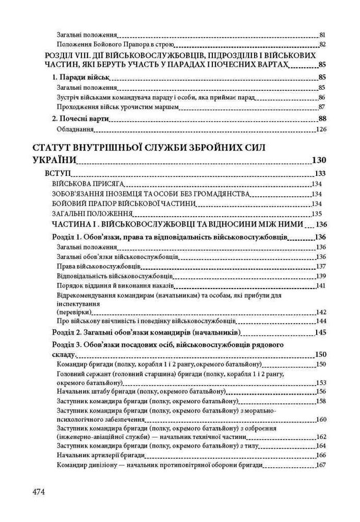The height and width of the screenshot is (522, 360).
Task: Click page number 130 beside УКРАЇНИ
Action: [x=319, y=160]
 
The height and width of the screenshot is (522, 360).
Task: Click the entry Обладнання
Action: [x=75, y=128]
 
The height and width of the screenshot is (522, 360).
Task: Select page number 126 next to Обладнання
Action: [x=321, y=129]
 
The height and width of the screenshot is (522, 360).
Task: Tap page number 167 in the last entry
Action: [x=321, y=466]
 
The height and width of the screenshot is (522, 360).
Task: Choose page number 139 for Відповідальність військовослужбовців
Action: [x=321, y=276]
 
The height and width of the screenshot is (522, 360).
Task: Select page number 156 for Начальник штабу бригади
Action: [x=321, y=391]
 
